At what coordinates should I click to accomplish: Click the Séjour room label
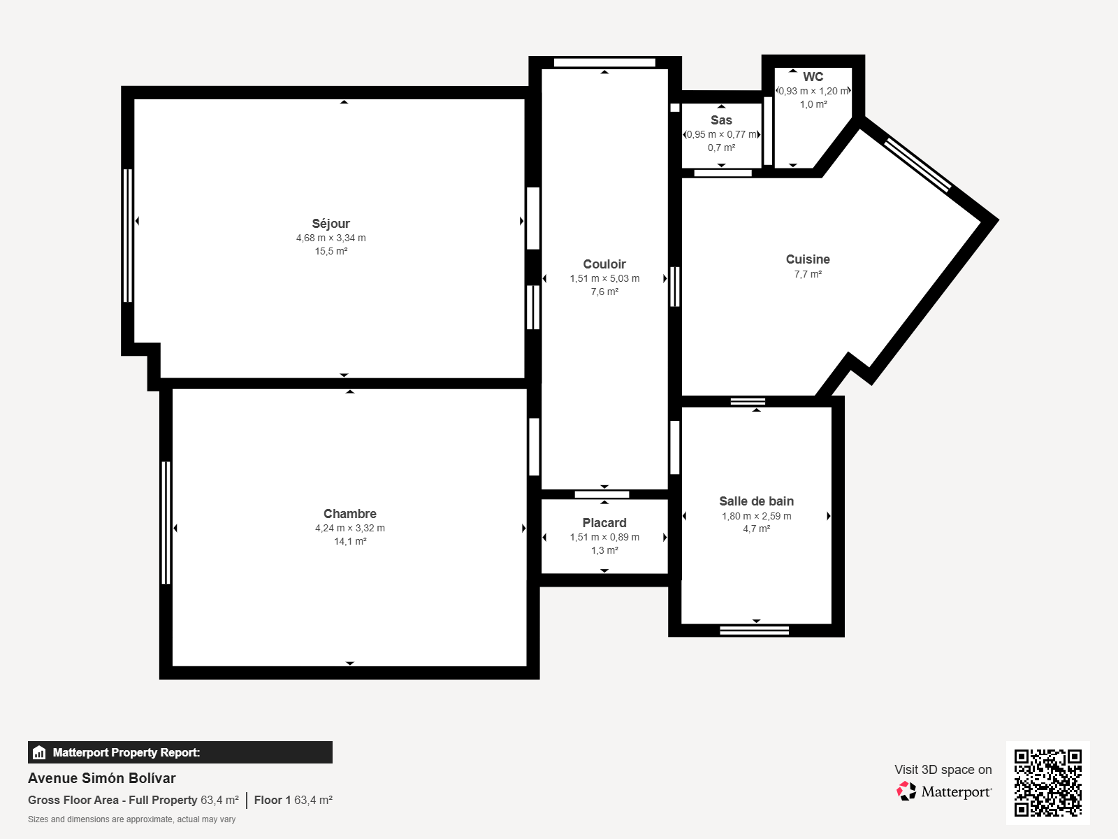(331, 224)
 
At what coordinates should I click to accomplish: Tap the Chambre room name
(350, 513)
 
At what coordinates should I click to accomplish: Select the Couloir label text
(604, 264)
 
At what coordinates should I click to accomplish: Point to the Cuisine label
(808, 259)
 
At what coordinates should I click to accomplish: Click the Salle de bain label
(756, 501)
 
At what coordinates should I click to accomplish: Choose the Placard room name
(604, 523)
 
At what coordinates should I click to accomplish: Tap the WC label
(813, 77)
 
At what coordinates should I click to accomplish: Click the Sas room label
(721, 120)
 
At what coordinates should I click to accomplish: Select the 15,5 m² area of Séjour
(331, 251)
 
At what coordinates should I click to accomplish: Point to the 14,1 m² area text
(351, 541)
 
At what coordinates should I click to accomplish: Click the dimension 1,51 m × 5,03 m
(604, 279)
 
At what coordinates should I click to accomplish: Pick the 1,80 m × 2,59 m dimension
(756, 516)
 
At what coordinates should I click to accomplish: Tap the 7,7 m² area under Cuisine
(808, 275)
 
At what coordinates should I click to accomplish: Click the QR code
(1047, 783)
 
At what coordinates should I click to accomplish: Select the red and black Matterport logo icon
(906, 791)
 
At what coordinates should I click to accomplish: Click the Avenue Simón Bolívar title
(102, 778)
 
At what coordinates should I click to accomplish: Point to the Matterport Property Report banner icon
(39, 752)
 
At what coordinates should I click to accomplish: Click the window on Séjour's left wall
(128, 236)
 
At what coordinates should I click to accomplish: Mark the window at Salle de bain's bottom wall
(755, 631)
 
